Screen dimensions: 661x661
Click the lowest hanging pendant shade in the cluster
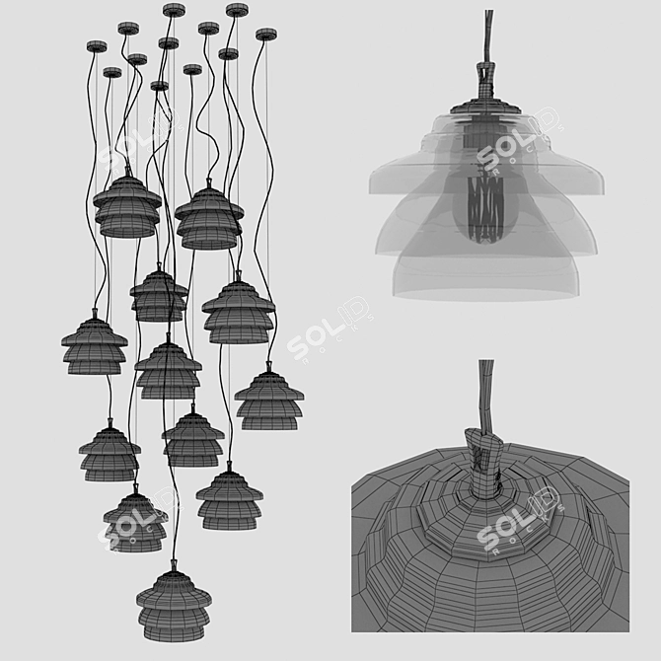pyautogui.click(x=173, y=603)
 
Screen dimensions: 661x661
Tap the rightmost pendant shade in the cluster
pyautogui.click(x=268, y=400)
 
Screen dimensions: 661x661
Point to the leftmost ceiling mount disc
pyautogui.click(x=97, y=46)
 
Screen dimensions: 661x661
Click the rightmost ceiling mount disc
pyautogui.click(x=265, y=35)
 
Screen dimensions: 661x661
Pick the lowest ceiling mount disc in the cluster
pyautogui.click(x=159, y=86)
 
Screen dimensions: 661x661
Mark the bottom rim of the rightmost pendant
pyautogui.click(x=268, y=427)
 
